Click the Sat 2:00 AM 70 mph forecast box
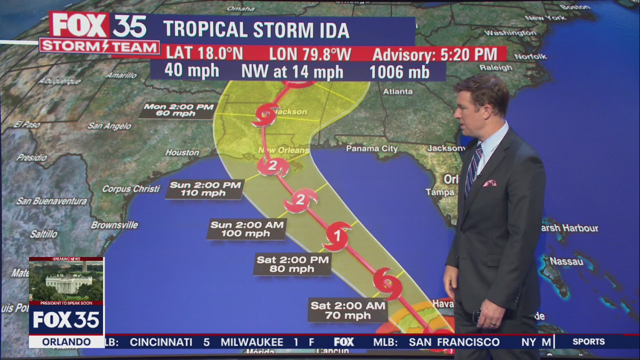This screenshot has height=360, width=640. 348,310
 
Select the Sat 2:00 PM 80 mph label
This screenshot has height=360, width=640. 292,264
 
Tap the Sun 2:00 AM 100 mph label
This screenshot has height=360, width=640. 247,229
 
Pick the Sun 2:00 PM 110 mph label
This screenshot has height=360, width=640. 205,189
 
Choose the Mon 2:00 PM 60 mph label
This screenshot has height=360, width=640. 177,110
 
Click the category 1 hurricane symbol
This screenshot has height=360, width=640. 336,235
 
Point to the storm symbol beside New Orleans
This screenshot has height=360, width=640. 272,166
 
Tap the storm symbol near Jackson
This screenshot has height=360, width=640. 265,115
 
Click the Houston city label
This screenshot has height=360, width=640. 182,152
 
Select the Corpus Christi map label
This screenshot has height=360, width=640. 131,189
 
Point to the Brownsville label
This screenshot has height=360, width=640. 114,225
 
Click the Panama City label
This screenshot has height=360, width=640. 372,148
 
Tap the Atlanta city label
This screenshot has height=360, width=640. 398,91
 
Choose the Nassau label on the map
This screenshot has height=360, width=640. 566,261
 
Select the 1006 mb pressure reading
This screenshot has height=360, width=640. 399,72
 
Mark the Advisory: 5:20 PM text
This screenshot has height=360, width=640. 435,54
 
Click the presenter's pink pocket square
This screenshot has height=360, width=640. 489,183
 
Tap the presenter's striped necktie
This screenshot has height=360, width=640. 472,170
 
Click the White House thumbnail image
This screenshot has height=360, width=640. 66,280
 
